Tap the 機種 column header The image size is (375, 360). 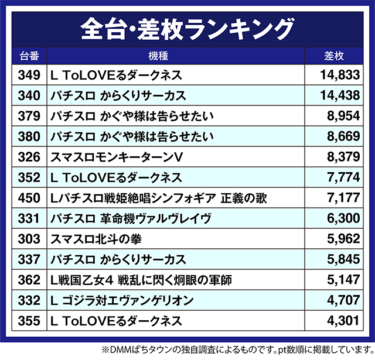coord(175,56)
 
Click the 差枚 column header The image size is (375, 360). coord(335,56)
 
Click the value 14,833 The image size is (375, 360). coord(340,75)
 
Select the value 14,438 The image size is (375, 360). coord(340,95)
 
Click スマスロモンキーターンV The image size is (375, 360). coord(118,157)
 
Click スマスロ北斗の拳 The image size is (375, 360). coord(97,239)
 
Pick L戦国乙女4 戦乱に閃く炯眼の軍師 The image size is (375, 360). coord(141,280)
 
